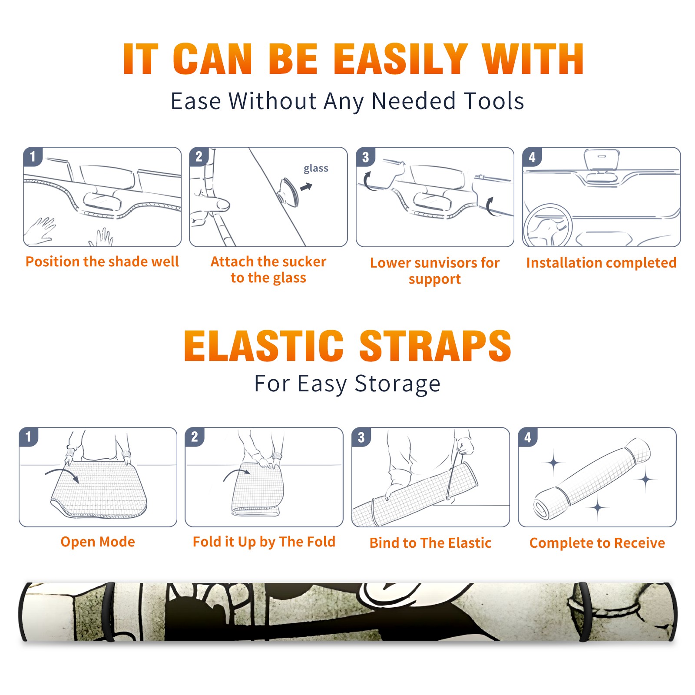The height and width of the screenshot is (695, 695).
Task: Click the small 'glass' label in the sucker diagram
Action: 316,169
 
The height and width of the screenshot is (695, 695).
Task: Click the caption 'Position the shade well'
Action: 102,261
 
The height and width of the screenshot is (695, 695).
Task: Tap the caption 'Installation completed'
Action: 601,263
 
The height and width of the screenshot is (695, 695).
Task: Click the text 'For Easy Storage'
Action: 347,384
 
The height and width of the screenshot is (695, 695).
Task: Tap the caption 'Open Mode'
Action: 98,542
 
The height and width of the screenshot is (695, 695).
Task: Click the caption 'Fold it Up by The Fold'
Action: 264,542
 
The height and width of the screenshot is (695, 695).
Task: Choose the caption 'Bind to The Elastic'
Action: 430,543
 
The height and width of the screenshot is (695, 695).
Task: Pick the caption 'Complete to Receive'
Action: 597,543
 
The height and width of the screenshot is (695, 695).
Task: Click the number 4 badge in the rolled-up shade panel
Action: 528,437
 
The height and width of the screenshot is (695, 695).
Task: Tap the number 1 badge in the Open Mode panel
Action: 29,437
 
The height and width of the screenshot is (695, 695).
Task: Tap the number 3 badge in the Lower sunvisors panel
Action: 365,157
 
